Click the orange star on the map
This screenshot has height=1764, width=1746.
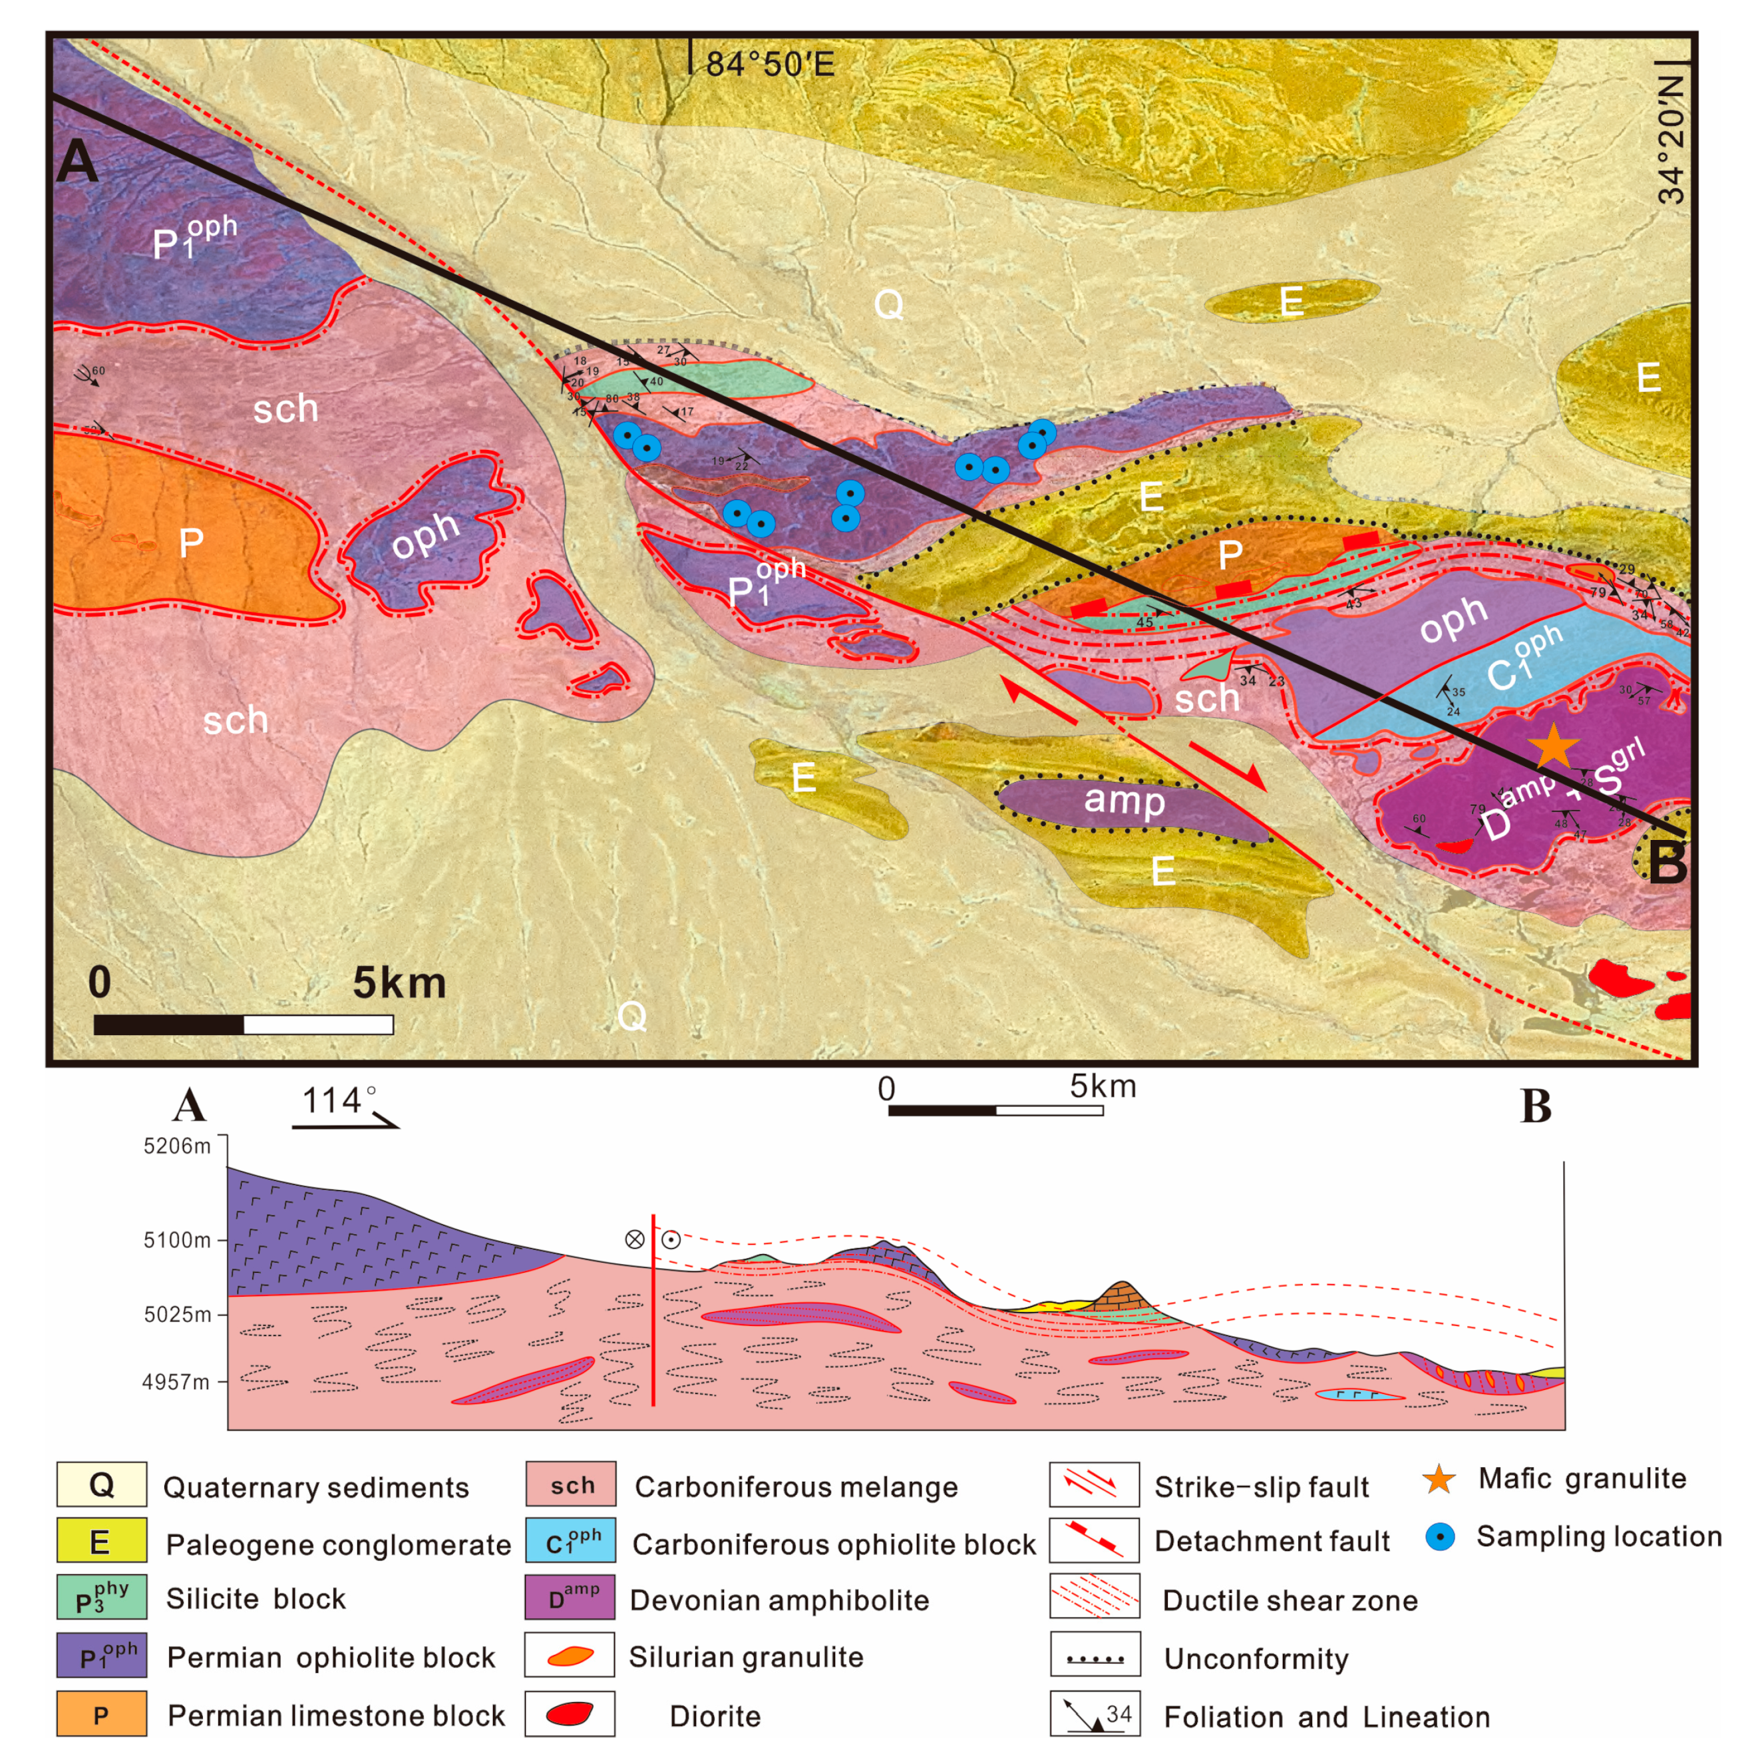(x=1554, y=746)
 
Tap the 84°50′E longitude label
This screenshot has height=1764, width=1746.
(x=769, y=65)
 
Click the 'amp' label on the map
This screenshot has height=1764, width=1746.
(x=1124, y=801)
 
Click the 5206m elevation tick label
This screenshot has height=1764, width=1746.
(x=177, y=1146)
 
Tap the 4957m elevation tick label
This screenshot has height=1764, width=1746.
(x=176, y=1383)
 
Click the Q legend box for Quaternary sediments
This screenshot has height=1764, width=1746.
(x=101, y=1486)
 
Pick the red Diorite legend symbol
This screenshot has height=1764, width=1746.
(x=569, y=1715)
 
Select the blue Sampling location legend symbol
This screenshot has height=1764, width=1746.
(x=1440, y=1538)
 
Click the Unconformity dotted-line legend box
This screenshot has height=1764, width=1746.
(x=1095, y=1658)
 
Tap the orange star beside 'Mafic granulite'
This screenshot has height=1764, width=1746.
(x=1439, y=1480)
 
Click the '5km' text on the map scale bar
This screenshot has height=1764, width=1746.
(x=399, y=983)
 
